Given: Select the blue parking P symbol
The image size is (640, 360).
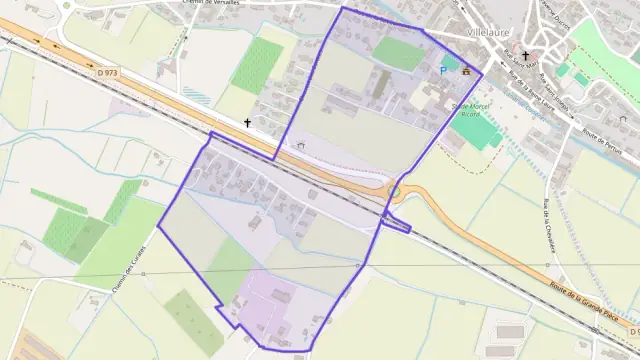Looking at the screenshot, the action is pos(444,71).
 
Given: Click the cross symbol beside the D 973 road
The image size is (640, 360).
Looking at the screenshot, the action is pos(247,123).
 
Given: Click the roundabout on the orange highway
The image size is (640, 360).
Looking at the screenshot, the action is pos(394,190).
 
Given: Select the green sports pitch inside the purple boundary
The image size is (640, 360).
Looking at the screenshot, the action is pos(399,53).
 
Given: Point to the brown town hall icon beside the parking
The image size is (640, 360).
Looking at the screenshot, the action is pos(465,70).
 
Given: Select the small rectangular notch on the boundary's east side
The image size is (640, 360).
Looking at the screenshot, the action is pos(397,225).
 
